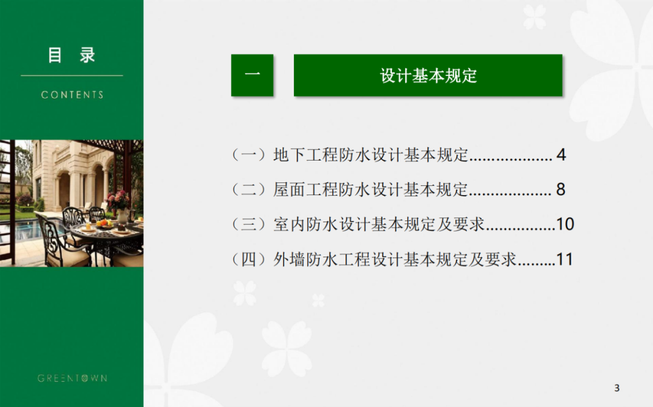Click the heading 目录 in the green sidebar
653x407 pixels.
[x=71, y=55]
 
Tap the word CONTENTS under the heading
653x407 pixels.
[x=72, y=95]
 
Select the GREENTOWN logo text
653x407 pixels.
[x=73, y=378]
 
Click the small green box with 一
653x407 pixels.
[x=252, y=75]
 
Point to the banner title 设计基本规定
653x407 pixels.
[x=428, y=75]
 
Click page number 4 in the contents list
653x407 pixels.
[x=561, y=155]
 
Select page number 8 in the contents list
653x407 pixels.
[x=560, y=190]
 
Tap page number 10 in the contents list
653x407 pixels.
[x=565, y=224]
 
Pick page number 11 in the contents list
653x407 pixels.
[x=564, y=260]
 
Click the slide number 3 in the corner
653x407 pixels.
[x=617, y=388]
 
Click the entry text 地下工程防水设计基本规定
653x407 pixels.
[x=371, y=155]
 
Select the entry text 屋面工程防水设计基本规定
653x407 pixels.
[x=371, y=190]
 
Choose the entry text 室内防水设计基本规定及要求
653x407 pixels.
[x=379, y=224]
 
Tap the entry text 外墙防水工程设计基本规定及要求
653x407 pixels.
[x=395, y=260]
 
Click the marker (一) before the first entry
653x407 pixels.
[x=249, y=155]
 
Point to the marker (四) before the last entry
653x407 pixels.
[x=249, y=260]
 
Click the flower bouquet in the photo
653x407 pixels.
[x=118, y=200]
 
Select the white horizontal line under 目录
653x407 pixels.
[x=71, y=75]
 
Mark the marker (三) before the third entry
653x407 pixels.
[x=249, y=224]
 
